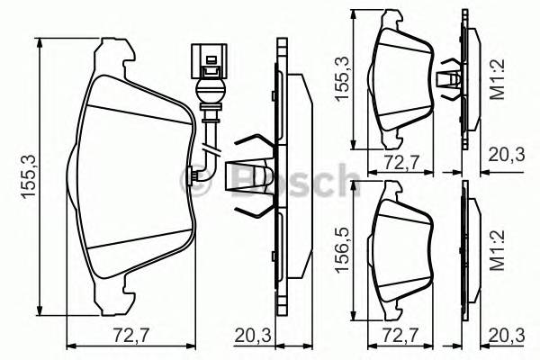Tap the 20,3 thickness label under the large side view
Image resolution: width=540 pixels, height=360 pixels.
tap(253, 336)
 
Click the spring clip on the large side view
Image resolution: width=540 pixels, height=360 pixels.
tap(255, 176)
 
